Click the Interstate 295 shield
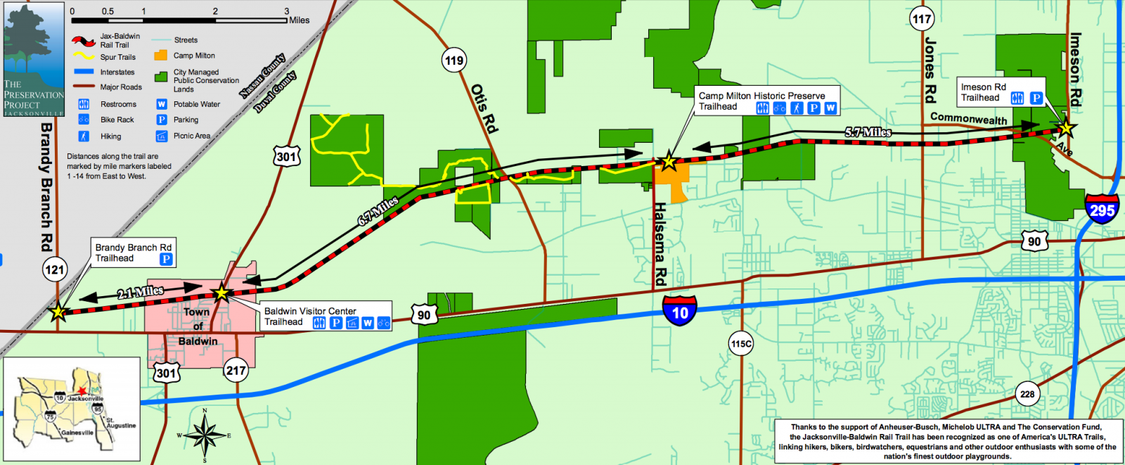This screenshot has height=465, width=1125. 1102,209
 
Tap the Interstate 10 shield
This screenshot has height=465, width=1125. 679,311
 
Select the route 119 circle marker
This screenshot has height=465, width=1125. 454,60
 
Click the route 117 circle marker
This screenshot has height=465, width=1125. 921,19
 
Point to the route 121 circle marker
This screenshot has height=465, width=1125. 54,269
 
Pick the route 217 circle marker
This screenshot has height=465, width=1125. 236,370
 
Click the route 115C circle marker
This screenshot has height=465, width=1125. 740,344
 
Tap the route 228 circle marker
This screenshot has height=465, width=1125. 1027,394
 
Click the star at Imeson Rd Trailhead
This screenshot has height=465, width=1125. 1067,128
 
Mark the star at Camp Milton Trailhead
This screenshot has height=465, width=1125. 668,163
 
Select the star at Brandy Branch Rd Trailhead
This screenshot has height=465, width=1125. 58,312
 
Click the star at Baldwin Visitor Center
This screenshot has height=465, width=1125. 221,292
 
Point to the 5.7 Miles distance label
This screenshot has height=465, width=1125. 868,132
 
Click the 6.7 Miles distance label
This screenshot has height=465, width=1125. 378,211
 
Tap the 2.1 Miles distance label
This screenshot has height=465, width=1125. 141,292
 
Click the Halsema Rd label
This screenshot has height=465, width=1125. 660,243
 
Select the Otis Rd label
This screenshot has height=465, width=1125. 484,108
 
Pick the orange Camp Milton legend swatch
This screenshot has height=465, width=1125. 161,55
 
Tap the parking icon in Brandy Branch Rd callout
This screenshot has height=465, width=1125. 166,259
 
